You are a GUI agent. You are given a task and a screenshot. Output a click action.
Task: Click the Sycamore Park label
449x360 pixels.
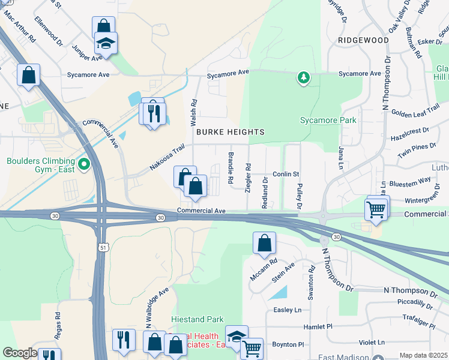tap(328, 120)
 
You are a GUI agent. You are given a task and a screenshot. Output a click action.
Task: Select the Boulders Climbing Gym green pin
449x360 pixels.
tap(83, 164)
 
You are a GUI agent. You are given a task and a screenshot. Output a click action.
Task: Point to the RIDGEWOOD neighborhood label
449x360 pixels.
tap(363, 40)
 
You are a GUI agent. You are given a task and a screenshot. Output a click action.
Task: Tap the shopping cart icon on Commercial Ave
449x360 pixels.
tap(376, 209)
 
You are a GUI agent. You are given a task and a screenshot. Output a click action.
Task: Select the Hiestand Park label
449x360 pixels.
tap(197, 320)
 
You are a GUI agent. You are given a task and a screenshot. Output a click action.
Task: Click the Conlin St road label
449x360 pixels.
tap(286, 174)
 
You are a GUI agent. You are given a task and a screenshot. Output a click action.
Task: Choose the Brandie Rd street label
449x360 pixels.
tap(231, 167)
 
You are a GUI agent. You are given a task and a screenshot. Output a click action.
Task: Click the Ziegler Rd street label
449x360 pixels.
tap(248, 173)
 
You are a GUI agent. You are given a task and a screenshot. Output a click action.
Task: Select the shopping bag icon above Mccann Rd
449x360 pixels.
tap(264, 244)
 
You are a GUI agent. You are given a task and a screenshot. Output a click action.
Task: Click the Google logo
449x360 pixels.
tap(20, 353)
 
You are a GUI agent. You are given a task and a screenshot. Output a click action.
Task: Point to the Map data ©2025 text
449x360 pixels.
tap(423, 355)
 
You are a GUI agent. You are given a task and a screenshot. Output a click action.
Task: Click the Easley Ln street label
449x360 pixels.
tap(288, 310)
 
